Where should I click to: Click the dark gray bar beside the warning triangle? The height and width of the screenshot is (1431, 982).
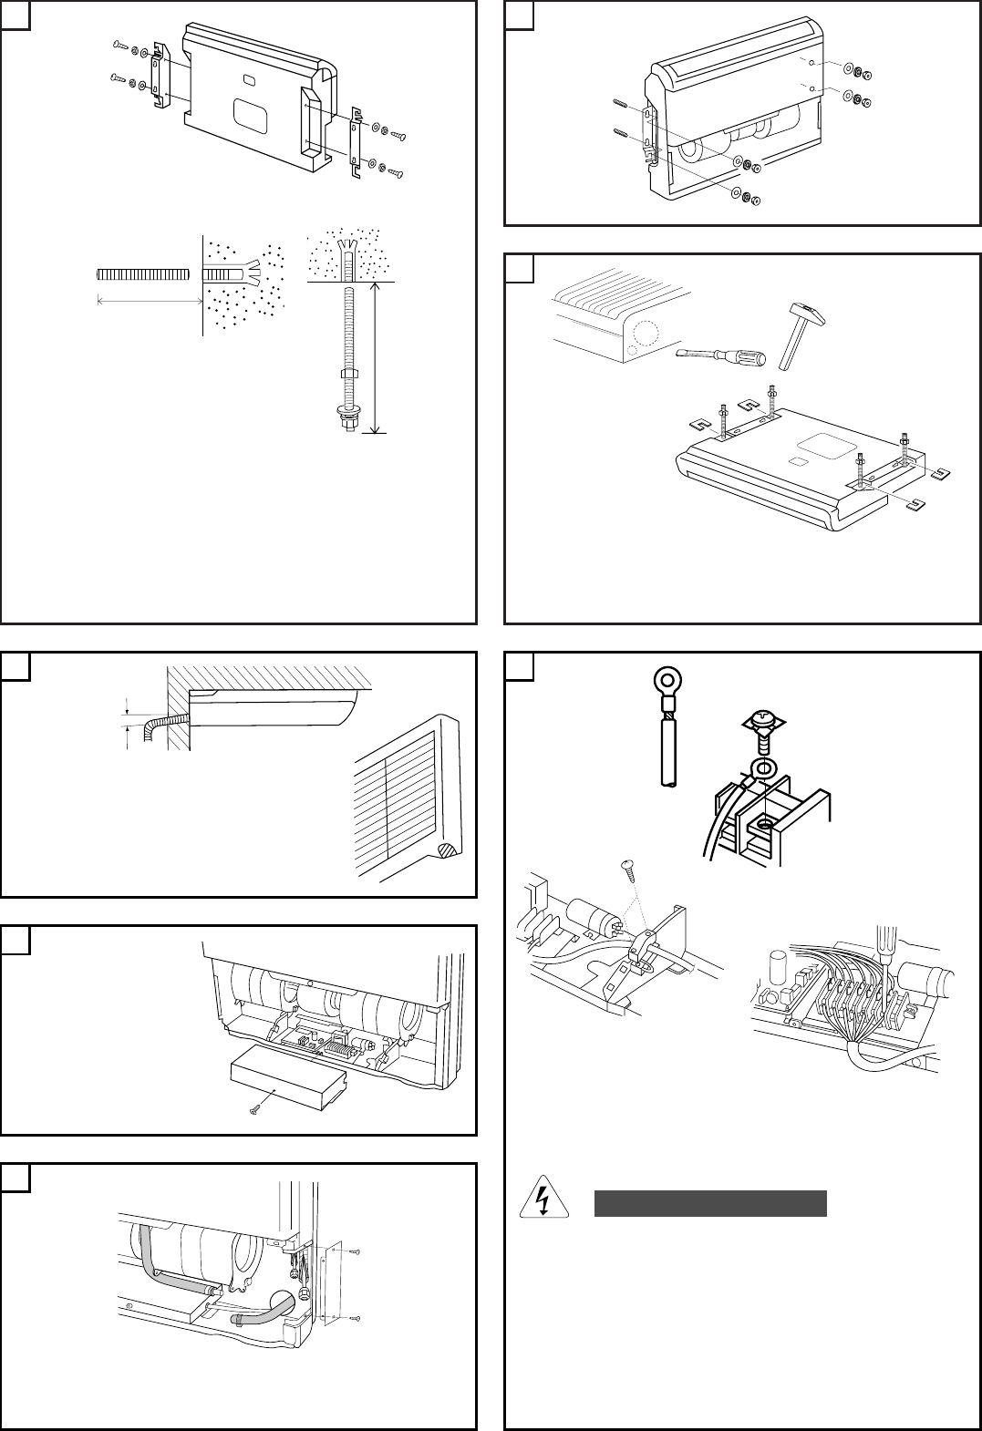pyautogui.click(x=710, y=1203)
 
